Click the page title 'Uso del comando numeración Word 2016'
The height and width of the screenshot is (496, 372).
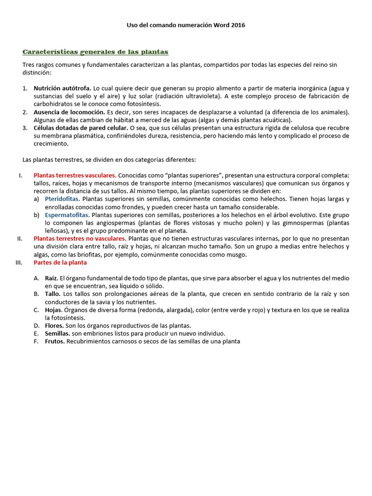pos(186,25)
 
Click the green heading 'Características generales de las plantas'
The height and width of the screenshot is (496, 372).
pos(95,51)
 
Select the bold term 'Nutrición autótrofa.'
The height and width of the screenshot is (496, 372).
pos(62,89)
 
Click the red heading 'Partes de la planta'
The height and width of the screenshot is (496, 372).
pos(60,263)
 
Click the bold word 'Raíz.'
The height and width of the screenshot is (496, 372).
pos(52,279)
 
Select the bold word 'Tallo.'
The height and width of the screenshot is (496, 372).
pos(53,294)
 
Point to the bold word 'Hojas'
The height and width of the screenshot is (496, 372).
pos(53,310)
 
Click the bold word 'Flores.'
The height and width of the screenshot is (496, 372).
pos(54,325)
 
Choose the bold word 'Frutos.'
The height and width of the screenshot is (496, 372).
pos(55,341)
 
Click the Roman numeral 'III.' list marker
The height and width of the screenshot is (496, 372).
pos(20,263)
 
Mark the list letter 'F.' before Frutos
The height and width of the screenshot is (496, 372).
pos(36,341)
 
